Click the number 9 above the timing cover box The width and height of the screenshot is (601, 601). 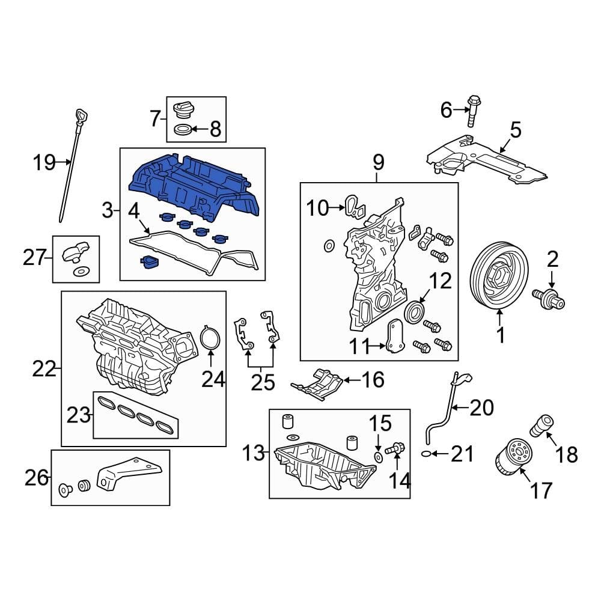377,163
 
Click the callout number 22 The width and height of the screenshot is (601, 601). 43,368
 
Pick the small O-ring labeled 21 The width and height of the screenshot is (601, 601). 427,454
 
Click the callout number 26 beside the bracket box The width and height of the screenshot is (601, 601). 36,478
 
